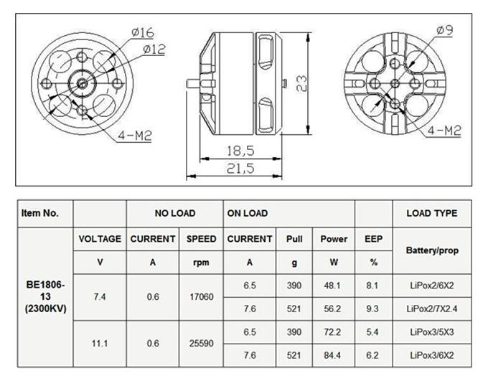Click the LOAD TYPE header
pos(431,213)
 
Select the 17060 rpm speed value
pos(201,296)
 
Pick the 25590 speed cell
pos(201,344)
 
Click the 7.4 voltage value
pos(100,296)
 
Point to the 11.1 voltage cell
pos(100,344)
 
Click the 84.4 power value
pos(334,355)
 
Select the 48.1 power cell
pos(334,284)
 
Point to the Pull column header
pos(294,239)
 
